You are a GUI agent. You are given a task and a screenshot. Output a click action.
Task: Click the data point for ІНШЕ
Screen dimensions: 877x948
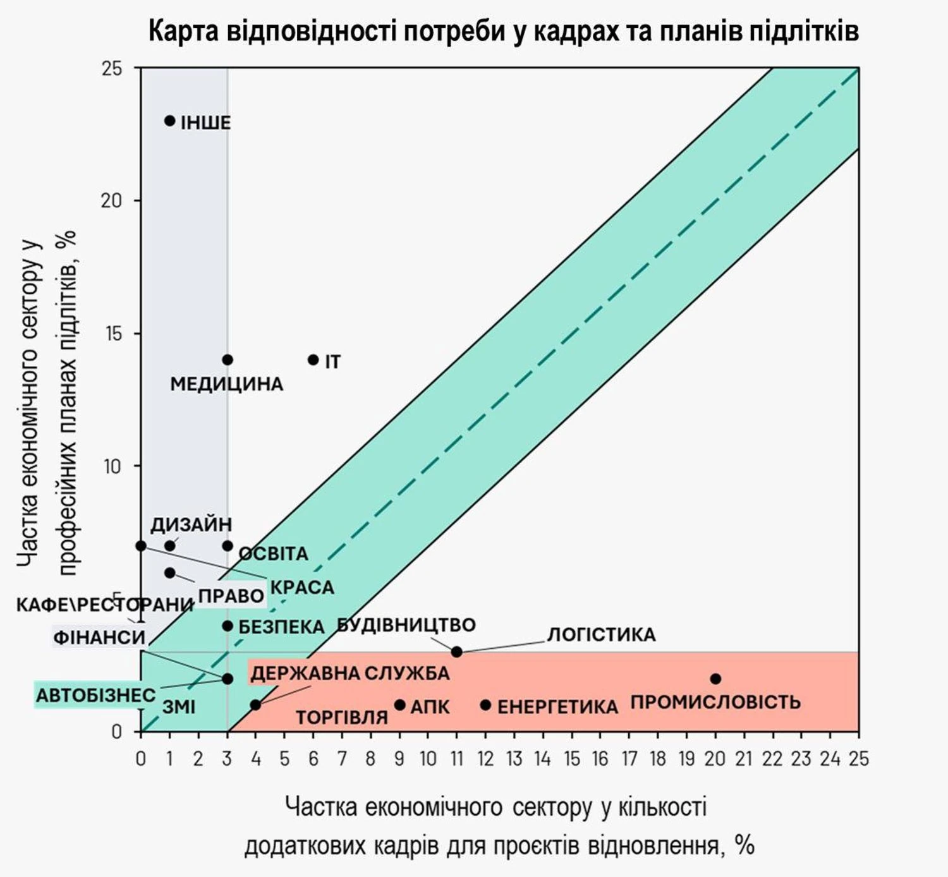click(169, 121)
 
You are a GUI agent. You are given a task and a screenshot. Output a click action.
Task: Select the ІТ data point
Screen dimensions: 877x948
click(313, 360)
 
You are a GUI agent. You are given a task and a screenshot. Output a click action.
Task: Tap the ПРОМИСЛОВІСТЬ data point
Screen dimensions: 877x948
click(715, 679)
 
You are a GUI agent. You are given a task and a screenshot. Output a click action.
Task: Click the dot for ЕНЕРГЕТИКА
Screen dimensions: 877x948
click(485, 705)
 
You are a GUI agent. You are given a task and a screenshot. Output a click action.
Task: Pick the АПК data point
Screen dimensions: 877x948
click(399, 705)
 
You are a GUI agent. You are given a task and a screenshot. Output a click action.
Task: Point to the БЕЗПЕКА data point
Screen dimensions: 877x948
click(228, 626)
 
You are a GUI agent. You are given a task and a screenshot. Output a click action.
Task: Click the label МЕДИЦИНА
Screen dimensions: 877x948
click(226, 384)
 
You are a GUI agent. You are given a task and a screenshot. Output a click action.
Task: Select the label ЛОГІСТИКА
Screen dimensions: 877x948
click(601, 635)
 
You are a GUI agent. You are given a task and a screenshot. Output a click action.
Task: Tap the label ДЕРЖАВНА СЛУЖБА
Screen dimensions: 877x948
click(349, 674)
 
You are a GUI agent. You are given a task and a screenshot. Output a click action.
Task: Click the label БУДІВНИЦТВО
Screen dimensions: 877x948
click(406, 626)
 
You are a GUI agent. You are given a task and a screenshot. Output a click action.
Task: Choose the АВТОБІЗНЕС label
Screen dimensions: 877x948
click(95, 696)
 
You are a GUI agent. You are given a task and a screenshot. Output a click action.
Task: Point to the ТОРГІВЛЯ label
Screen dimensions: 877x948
click(342, 718)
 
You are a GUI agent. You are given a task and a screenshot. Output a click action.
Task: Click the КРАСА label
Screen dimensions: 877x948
click(302, 588)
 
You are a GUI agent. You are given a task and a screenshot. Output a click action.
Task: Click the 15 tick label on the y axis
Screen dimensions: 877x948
click(112, 334)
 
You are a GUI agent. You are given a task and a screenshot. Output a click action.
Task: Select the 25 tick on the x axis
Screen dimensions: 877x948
click(858, 759)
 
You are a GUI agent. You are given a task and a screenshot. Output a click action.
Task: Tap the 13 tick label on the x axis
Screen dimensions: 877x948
click(514, 759)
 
